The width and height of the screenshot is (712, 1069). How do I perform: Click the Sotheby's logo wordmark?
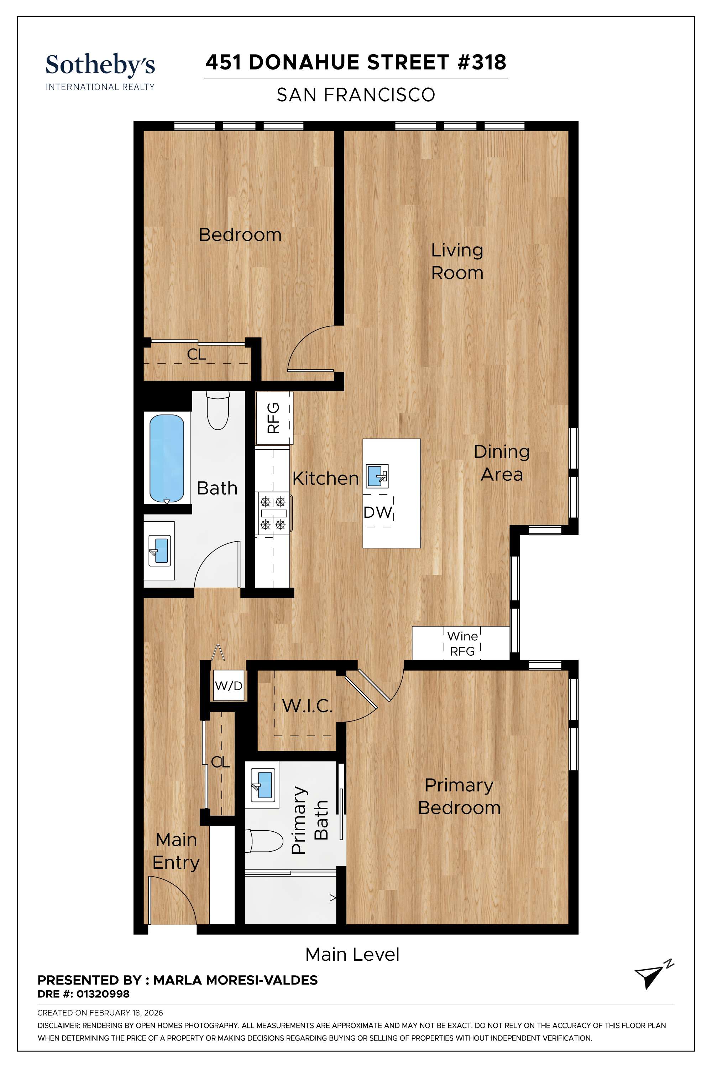click(100, 65)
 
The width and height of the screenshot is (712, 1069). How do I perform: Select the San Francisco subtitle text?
click(356, 95)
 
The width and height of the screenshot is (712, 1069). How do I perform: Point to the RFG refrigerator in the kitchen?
click(274, 418)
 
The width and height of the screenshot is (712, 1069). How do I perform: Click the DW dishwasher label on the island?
click(377, 513)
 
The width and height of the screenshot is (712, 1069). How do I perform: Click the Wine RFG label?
click(462, 644)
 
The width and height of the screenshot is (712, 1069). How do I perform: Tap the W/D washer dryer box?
click(229, 685)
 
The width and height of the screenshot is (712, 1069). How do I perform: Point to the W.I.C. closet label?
click(308, 706)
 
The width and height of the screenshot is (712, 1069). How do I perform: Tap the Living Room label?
click(457, 261)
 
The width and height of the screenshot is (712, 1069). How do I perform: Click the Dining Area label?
click(501, 463)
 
